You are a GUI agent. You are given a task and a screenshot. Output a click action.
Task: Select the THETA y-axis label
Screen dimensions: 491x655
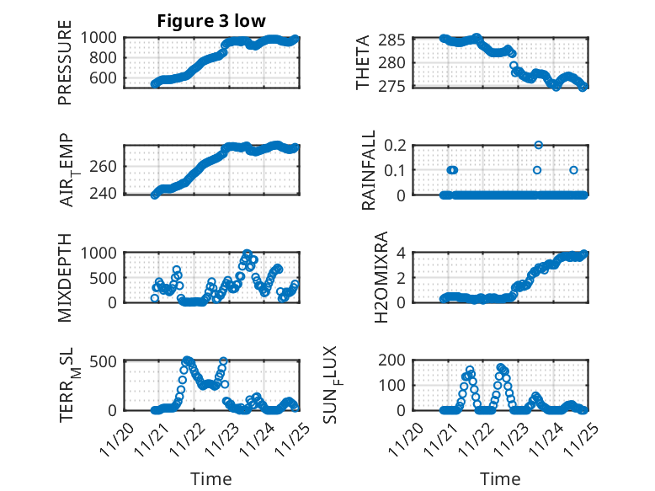pos(363,62)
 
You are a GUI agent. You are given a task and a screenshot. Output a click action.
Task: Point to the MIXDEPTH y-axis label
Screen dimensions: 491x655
pos(65,278)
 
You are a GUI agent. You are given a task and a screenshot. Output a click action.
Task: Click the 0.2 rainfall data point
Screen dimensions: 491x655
pos(538,145)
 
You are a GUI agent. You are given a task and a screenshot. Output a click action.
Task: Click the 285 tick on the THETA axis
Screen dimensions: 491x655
pos(399,40)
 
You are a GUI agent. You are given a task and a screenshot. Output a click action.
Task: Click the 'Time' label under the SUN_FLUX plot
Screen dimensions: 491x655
pos(501,479)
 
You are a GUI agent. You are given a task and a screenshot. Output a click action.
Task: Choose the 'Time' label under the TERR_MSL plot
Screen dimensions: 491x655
pos(211,479)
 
